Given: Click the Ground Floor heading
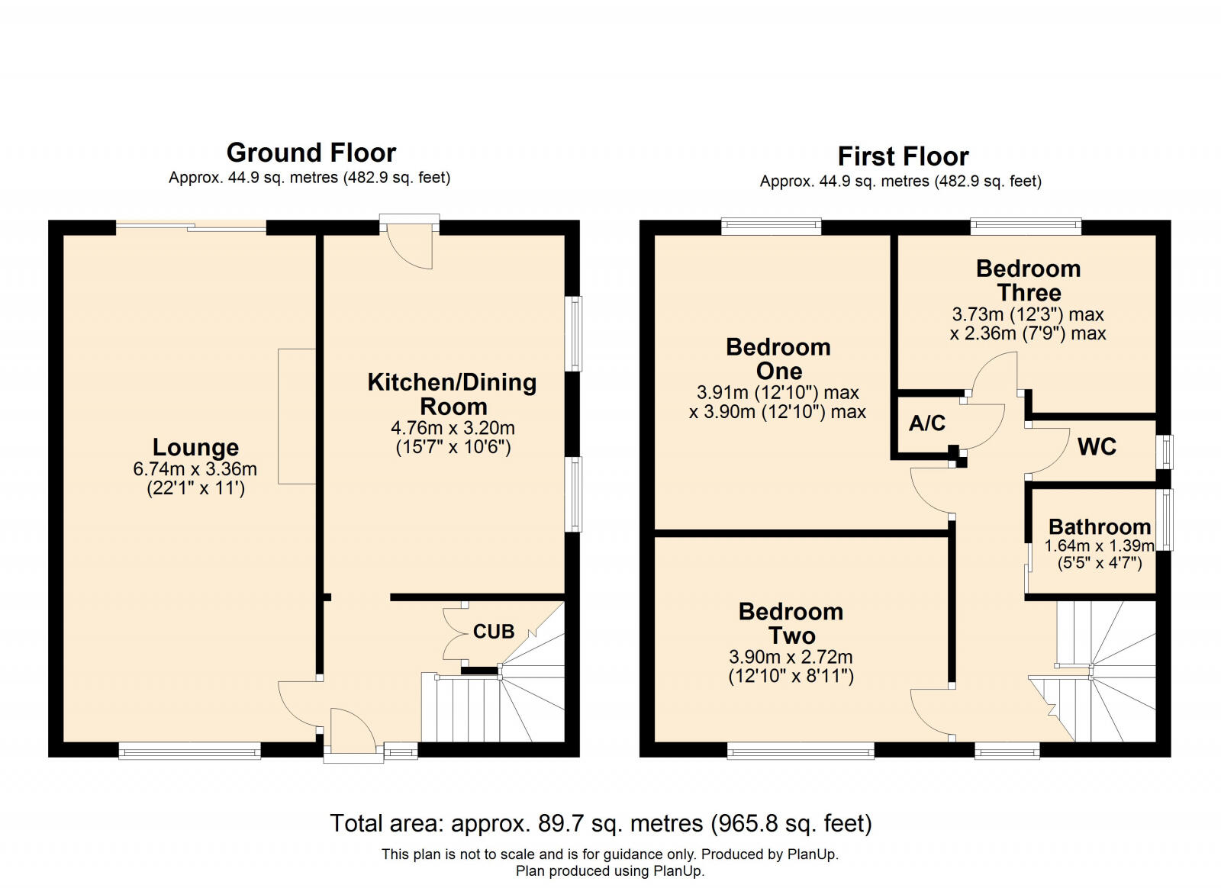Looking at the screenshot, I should coord(311,153).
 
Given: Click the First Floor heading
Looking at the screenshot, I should coord(903,156).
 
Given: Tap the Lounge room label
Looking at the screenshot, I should coord(195,447).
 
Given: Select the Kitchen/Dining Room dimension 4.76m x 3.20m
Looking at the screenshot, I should coord(453,428).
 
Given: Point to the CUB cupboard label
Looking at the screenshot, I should coord(494,632).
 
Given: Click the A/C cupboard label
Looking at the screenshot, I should coord(926,423).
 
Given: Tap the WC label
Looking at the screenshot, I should coord(1097,447).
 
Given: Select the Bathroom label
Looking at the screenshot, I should coord(1099,526).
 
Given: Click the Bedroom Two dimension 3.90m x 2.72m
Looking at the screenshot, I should coord(791,657).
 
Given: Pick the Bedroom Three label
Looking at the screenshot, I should coord(1028,280).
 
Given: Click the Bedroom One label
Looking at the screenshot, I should coord(778,359).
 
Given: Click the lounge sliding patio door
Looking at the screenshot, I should coord(191,227).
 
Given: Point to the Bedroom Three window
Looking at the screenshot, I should coord(1026,226).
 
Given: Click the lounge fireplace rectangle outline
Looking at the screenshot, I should coord(297,416).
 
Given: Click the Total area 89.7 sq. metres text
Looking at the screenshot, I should coord(600,824).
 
